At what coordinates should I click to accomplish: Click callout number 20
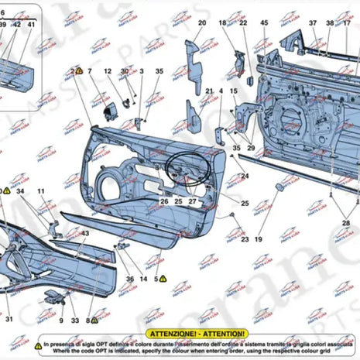[x=201, y=23]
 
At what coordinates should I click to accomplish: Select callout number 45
[x=265, y=23]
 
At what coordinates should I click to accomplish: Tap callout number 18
[x=223, y=23]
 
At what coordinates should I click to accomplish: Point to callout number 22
[x=243, y=23]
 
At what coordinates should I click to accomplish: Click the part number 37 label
[x=313, y=23]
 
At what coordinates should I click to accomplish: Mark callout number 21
[x=209, y=91]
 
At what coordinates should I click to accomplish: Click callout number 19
[x=258, y=240]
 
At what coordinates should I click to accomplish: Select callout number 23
[x=245, y=240]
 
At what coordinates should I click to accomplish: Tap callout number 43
[x=85, y=233]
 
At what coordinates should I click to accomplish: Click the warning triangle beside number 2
[x=79, y=70]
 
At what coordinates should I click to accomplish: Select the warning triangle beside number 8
[x=94, y=319]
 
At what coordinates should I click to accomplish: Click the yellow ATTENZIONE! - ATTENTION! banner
[x=199, y=332]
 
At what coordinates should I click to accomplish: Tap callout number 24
[x=245, y=177]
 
